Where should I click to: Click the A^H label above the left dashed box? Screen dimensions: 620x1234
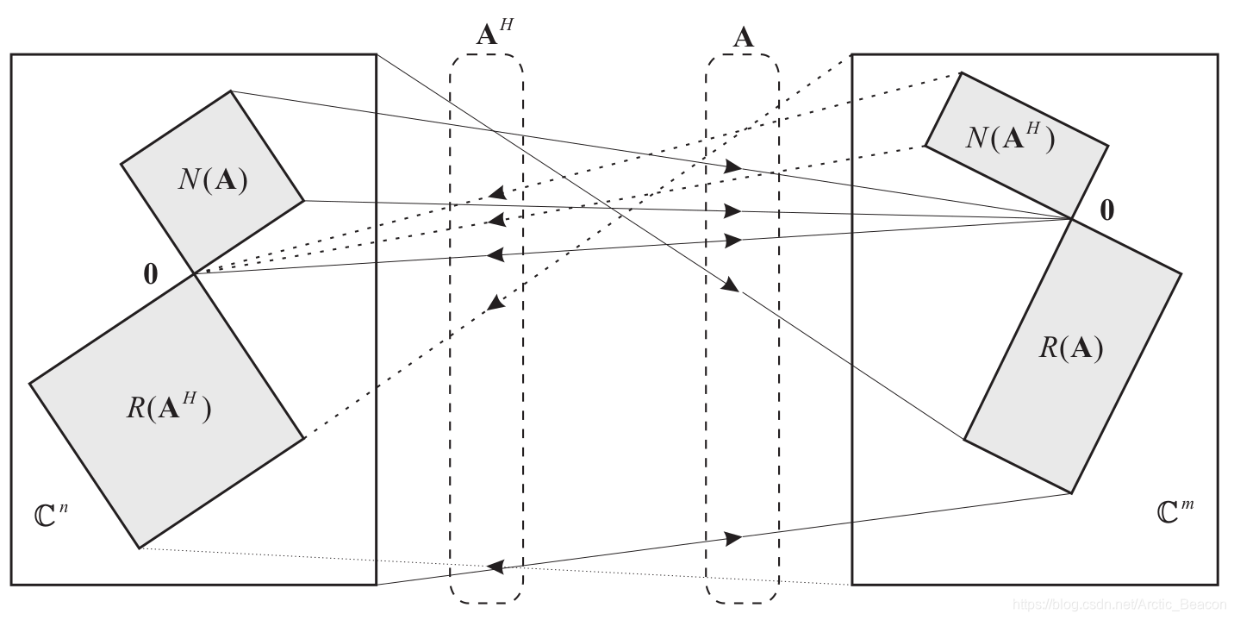493,34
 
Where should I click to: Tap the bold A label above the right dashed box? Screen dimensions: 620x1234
743,37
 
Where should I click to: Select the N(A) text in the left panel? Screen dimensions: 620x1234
213,180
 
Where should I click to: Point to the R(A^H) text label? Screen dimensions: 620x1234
168,408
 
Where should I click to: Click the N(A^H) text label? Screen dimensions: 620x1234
1010,137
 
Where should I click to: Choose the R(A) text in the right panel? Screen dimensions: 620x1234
1070,348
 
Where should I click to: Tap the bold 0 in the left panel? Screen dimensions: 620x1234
151,274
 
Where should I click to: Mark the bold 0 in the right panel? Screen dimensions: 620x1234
1106,210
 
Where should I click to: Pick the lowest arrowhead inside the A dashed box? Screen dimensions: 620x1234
733,539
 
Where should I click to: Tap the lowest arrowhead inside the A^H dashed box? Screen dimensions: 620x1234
495,566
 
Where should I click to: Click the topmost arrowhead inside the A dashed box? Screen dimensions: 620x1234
732,166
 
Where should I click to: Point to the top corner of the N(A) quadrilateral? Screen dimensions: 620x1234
231,91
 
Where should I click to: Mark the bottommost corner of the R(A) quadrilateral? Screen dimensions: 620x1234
1071,493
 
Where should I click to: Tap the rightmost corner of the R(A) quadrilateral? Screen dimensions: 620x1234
1181,273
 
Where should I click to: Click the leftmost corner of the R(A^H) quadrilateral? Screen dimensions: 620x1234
29,382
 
